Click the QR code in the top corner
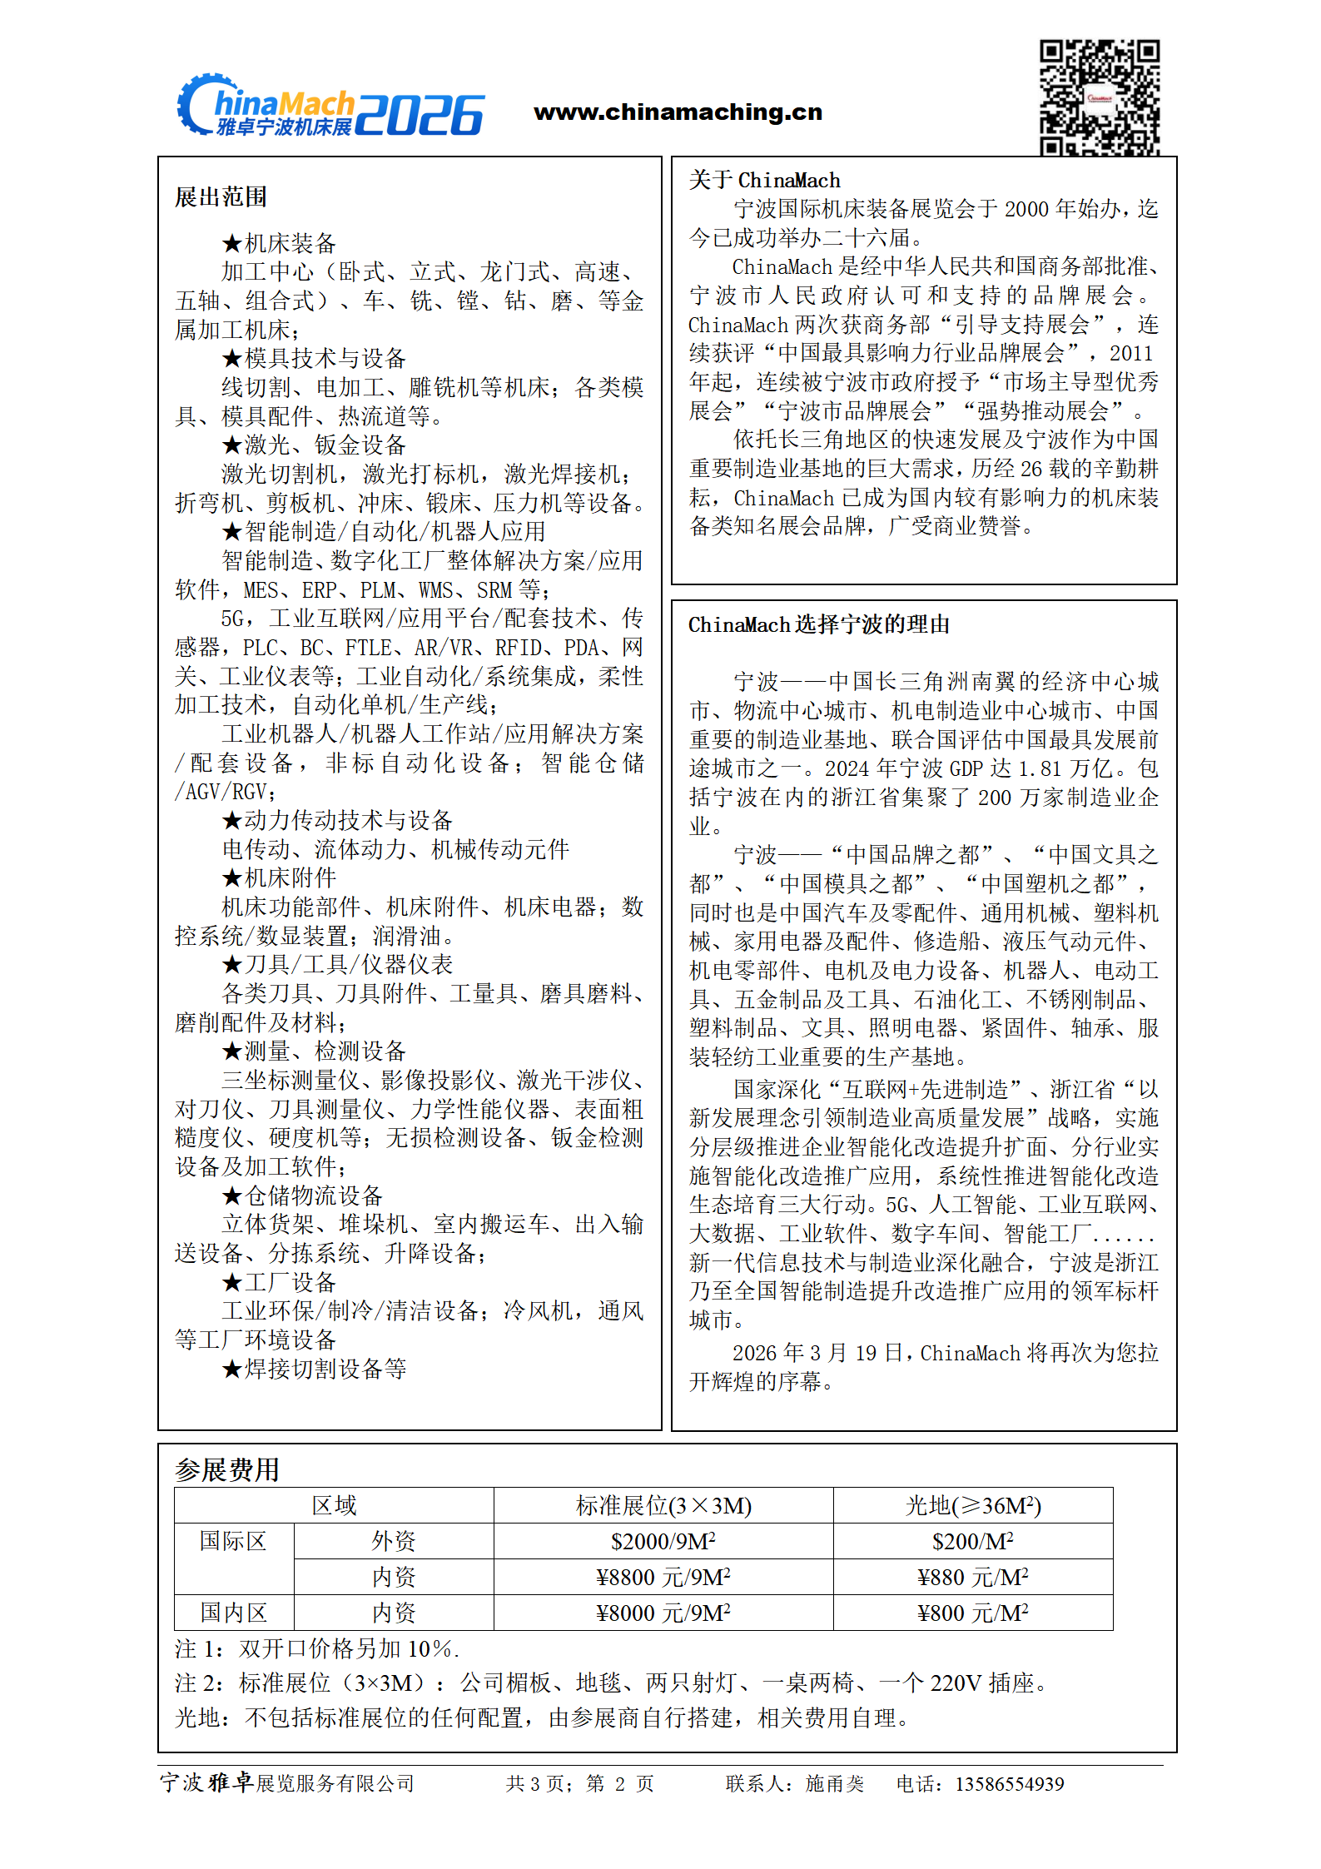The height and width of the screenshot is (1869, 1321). pyautogui.click(x=1099, y=97)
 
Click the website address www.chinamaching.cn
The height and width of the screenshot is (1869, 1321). pyautogui.click(x=678, y=112)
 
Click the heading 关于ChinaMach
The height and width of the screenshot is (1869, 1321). pyautogui.click(x=764, y=180)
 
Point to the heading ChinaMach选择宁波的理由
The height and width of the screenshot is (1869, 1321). pyautogui.click(x=818, y=624)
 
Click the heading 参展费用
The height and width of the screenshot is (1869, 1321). pyautogui.click(x=226, y=1469)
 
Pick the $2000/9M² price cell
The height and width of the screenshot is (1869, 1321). pyautogui.click(x=663, y=1541)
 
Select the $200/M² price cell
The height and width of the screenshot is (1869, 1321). pyautogui.click(x=972, y=1541)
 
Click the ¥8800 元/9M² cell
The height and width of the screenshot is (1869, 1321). pyautogui.click(x=663, y=1577)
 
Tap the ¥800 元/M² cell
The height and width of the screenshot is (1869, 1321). pyautogui.click(x=972, y=1613)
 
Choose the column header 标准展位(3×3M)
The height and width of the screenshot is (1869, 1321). pyautogui.click(x=663, y=1505)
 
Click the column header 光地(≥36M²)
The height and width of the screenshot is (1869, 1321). pyautogui.click(x=972, y=1505)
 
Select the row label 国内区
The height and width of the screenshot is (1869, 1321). pyautogui.click(x=233, y=1613)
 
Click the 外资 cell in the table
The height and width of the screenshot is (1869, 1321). pyautogui.click(x=393, y=1541)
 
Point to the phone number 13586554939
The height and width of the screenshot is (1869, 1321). pyautogui.click(x=1009, y=1783)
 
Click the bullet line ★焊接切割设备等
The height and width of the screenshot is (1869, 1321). pyautogui.click(x=314, y=1369)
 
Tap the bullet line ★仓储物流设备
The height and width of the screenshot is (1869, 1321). pyautogui.click(x=302, y=1195)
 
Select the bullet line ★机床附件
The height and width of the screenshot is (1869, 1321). pyautogui.click(x=279, y=877)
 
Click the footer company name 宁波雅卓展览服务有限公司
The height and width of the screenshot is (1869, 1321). pyautogui.click(x=287, y=1782)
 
